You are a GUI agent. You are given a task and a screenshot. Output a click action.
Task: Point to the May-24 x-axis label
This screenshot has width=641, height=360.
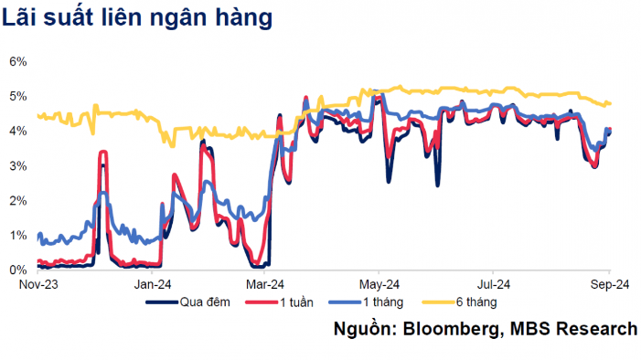pos(379,284)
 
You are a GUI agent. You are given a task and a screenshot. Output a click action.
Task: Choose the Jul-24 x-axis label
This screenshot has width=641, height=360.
pos(493,284)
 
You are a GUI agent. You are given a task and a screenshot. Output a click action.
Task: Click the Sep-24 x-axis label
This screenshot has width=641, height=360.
pos(607,284)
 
